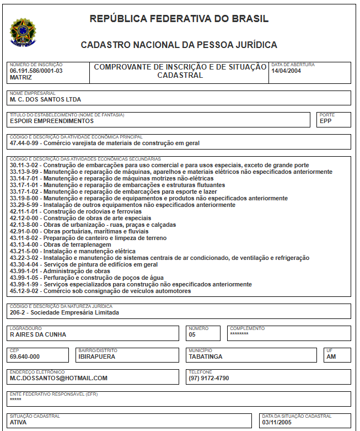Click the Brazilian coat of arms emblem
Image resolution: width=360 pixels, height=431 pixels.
pos(23,32)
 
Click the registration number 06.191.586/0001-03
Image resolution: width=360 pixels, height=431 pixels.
pos(36,71)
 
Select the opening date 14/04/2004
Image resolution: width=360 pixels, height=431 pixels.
pos(286,71)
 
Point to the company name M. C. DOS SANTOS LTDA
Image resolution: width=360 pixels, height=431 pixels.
pos(45,100)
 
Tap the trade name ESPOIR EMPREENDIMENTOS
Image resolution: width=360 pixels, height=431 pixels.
pos(51,121)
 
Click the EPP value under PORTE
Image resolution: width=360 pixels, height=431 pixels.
pos(326,121)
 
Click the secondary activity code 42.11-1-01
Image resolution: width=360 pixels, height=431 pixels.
pos(25,211)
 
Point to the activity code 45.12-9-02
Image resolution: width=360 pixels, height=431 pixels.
pos(25,291)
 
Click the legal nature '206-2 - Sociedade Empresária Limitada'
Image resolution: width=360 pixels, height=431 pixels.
pos(64,312)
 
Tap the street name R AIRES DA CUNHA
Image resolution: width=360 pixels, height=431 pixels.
pos(38,334)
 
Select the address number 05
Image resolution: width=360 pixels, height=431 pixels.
pos(192,334)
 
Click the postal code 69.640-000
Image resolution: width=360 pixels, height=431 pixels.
pos(25,356)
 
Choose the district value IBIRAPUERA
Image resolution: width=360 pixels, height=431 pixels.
pos(96,356)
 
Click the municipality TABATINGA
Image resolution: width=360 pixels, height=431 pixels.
pos(206,356)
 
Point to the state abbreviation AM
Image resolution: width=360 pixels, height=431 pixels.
pos(331,356)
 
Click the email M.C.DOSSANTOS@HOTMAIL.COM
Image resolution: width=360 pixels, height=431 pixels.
pos(58,378)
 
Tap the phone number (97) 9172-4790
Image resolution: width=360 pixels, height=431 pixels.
pos(209,378)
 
